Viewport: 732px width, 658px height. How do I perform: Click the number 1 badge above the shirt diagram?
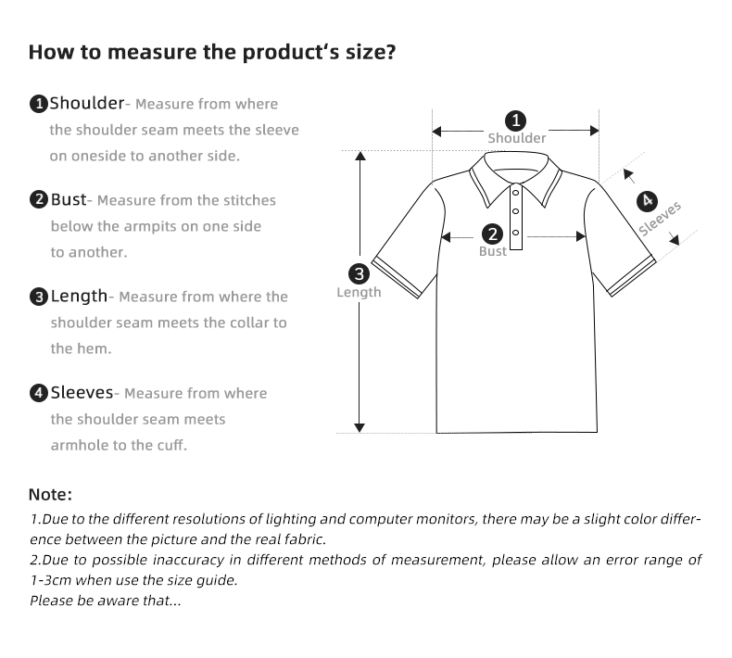[x=516, y=120]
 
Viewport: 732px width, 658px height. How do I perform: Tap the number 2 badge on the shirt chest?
[x=493, y=234]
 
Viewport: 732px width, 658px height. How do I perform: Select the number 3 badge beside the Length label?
[x=360, y=273]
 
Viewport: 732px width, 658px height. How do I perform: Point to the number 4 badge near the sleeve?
[x=647, y=200]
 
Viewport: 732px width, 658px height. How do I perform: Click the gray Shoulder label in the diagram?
[x=517, y=138]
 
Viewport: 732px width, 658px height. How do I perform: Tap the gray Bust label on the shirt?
[x=493, y=252]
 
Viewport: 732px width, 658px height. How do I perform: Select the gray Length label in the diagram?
[x=359, y=293]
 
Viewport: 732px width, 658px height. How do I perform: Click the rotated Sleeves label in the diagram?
[x=660, y=219]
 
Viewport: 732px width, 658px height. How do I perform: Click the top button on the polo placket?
[x=516, y=194]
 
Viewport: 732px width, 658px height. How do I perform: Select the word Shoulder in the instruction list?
[x=86, y=103]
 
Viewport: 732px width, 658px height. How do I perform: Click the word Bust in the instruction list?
[x=68, y=199]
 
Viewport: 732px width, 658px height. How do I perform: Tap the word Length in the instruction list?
[x=79, y=296]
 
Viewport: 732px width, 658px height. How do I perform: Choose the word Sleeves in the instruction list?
[x=82, y=392]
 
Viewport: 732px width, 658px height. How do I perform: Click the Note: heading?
[x=50, y=495]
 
